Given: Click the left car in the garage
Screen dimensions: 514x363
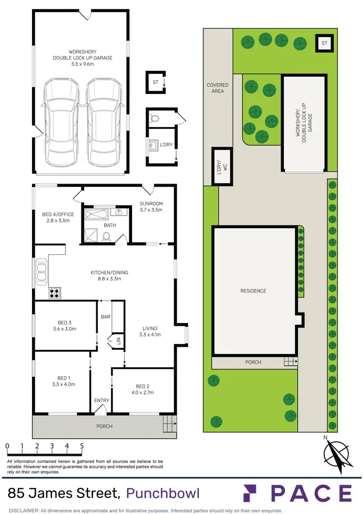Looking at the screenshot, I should click(61, 122).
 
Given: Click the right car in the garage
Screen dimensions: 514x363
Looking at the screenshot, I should click(104, 122).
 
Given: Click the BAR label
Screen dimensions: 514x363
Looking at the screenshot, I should click(106, 317).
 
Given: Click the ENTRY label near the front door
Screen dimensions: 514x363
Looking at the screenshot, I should click(102, 400).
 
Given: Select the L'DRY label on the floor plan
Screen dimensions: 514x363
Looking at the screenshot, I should click(166, 144).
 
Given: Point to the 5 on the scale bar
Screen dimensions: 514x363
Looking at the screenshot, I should click(81, 446).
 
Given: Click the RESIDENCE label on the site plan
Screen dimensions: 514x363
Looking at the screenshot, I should click(254, 291).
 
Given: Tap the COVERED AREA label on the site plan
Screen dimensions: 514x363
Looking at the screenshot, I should click(217, 88).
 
